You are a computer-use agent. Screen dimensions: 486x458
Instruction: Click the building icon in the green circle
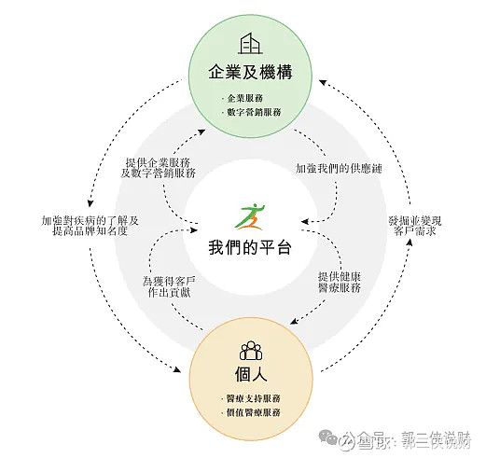click(250, 44)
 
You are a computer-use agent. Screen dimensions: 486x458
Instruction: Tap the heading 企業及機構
click(250, 72)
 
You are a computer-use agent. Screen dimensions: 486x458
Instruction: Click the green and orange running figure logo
click(251, 216)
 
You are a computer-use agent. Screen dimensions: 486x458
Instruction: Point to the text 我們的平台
click(250, 247)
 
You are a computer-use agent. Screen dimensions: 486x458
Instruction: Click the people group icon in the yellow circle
click(251, 351)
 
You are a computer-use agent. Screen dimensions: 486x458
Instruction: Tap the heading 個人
click(251, 373)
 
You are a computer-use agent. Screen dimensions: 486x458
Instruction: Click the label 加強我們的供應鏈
click(339, 168)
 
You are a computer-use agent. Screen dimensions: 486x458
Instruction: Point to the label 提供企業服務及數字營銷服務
click(158, 168)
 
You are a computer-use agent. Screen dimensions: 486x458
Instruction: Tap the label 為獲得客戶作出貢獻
click(169, 286)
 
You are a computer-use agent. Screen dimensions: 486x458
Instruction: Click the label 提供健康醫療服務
click(340, 282)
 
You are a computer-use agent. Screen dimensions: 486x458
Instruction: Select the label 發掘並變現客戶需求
click(415, 226)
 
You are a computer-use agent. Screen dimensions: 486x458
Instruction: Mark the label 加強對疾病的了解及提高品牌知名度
click(90, 226)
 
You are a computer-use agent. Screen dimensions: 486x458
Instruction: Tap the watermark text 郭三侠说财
click(436, 439)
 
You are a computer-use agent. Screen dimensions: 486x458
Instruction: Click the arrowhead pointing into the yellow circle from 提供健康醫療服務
click(294, 322)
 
